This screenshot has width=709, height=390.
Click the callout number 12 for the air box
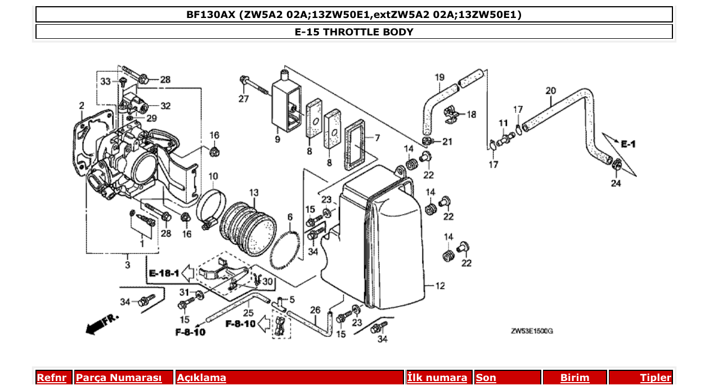coord(439,286)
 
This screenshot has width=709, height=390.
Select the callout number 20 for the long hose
coord(550,90)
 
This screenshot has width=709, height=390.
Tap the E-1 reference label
coord(628,144)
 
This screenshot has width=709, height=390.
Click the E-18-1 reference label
coord(164,274)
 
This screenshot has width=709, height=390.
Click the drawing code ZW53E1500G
coord(532,332)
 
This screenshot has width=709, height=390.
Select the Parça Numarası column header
coord(119,378)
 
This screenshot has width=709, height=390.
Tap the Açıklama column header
coord(201,378)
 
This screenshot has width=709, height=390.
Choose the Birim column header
coord(575,378)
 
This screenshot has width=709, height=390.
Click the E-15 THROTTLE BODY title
coord(354,32)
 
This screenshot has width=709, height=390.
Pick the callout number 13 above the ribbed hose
coord(254,193)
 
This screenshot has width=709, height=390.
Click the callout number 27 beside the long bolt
coord(243,99)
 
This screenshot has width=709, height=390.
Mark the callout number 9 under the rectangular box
coord(277,139)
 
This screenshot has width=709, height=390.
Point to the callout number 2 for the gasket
coord(82,105)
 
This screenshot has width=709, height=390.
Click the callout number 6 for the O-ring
coord(290,217)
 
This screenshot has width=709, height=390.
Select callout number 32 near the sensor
coord(165,106)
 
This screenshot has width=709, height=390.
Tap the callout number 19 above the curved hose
coord(439,77)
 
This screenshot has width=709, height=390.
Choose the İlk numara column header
coord(437,378)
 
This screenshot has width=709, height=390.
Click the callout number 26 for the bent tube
coord(315,310)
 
